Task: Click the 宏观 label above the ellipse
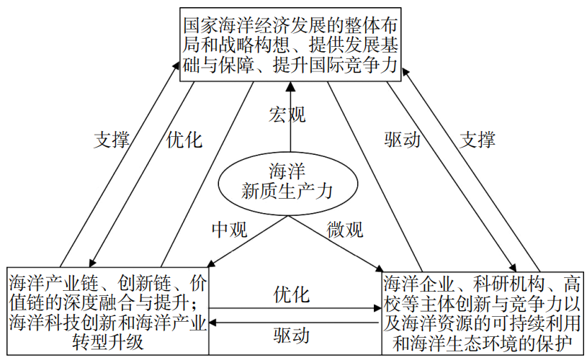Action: point(287,114)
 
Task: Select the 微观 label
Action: point(346,230)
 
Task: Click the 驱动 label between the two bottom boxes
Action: point(292,335)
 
